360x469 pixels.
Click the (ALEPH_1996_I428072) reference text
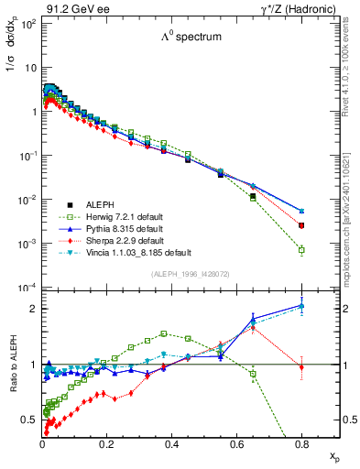coord(179,275)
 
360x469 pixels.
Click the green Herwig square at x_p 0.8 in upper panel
coord(301,249)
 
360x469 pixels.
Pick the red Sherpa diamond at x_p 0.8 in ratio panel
coord(301,367)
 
